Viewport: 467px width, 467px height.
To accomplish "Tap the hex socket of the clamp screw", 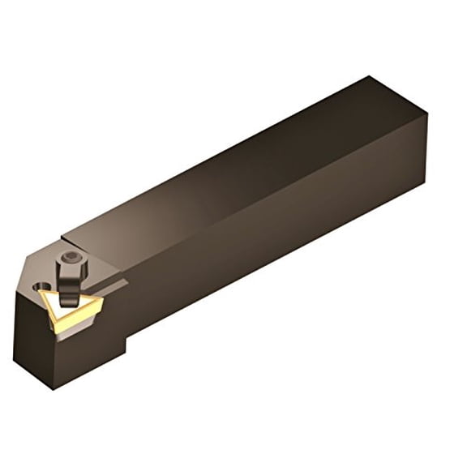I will tap(71, 258).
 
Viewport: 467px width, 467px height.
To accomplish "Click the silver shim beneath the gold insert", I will tap(81, 324).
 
